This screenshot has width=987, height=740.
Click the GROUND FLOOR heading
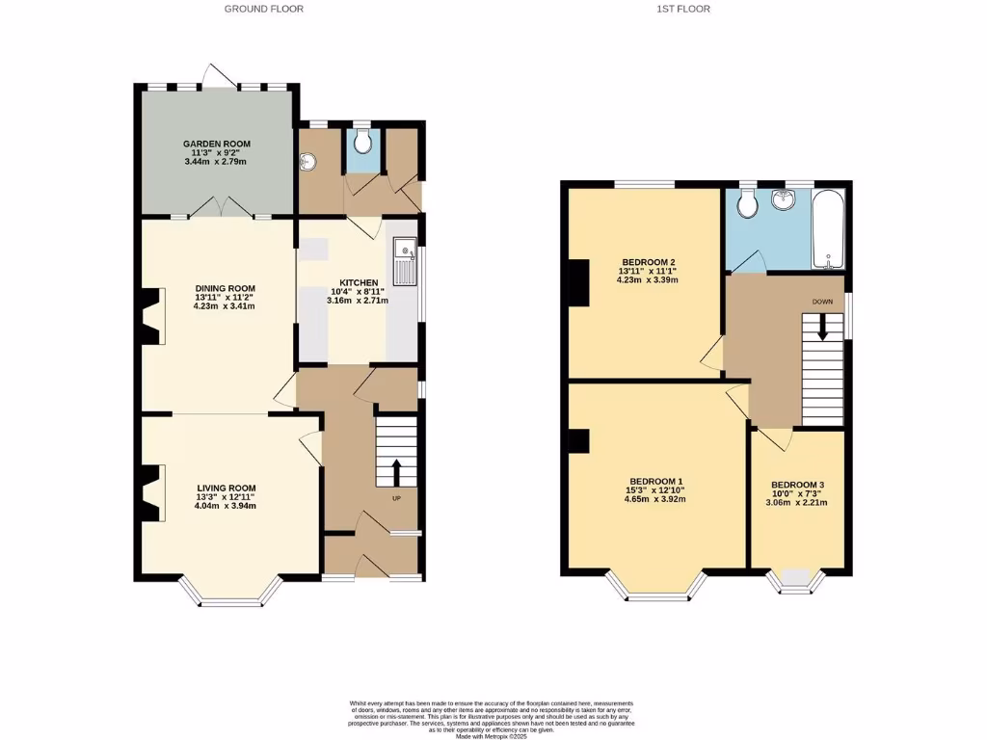tap(263, 9)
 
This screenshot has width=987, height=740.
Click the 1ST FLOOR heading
tap(685, 9)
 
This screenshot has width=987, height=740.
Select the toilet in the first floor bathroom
tap(746, 203)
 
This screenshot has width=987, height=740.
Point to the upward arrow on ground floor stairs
tap(395, 471)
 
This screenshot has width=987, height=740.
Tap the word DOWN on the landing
tap(822, 302)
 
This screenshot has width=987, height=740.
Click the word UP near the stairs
tap(395, 498)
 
